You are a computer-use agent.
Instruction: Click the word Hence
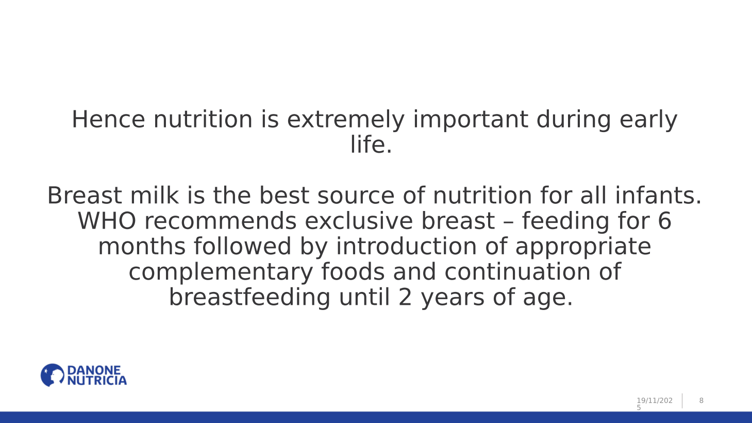[x=108, y=119]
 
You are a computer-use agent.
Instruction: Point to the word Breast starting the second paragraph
[x=85, y=195]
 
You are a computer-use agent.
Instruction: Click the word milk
[x=155, y=195]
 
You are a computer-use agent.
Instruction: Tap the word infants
[x=658, y=195]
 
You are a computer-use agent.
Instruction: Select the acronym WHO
[x=107, y=221]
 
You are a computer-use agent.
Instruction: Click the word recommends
[x=221, y=221]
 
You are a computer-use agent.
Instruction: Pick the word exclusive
[x=359, y=221]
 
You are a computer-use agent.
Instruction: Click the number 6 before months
[x=664, y=221]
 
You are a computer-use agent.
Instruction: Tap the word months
[x=142, y=246]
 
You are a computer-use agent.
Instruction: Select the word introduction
[x=406, y=246]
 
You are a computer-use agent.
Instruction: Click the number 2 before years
[x=405, y=297]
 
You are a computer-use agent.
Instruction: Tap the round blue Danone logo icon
[x=53, y=375]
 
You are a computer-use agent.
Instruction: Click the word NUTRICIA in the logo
[x=97, y=381]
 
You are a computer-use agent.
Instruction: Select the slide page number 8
[x=701, y=400]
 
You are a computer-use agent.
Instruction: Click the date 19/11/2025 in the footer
[x=655, y=404]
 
